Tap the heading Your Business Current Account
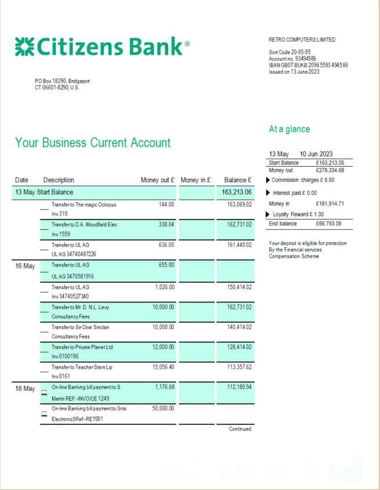point(93,143)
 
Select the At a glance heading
point(289,129)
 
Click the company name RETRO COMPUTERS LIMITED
point(302,40)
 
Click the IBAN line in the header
point(308,65)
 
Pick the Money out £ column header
point(157,181)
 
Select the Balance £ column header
point(237,181)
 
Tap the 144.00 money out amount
point(167,204)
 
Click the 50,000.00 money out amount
point(162,408)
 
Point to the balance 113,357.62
point(239,367)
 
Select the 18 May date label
point(25,388)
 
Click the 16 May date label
point(25,266)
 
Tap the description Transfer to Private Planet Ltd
point(83,347)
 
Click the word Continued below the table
point(240,429)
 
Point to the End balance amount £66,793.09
point(328,224)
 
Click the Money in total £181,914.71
point(330,204)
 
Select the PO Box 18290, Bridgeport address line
point(62,81)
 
